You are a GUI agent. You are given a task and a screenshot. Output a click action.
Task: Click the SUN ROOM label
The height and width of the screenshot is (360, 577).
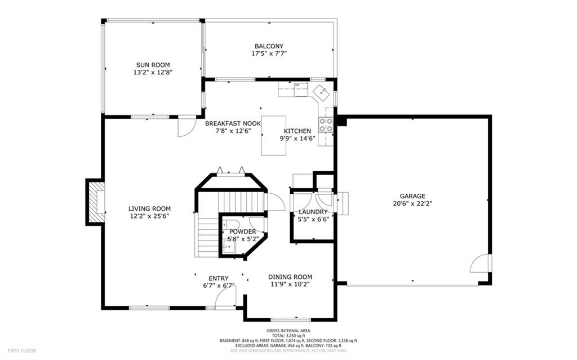click(x=153, y=65)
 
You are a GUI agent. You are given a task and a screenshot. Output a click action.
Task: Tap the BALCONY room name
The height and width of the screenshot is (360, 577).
click(x=269, y=46)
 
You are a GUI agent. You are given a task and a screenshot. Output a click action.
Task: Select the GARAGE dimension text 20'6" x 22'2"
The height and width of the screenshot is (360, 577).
click(x=412, y=203)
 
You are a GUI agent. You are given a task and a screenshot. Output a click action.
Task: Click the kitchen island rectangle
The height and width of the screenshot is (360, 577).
click(x=274, y=135)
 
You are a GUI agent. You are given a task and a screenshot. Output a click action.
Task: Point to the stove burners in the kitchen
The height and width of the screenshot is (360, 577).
click(x=326, y=125)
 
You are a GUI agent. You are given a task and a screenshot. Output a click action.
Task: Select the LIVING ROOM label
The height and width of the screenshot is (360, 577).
click(x=149, y=208)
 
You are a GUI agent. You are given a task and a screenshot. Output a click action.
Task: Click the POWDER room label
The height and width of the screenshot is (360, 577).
click(x=242, y=232)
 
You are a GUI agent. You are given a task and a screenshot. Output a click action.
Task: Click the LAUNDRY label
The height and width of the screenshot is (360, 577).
click(x=313, y=212)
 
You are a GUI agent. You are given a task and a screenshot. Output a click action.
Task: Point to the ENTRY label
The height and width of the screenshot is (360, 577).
click(x=219, y=279)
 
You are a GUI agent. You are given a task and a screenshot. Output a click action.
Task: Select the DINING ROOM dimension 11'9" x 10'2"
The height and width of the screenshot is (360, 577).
click(x=290, y=284)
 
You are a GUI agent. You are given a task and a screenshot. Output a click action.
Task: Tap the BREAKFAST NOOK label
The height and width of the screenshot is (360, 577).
click(x=233, y=124)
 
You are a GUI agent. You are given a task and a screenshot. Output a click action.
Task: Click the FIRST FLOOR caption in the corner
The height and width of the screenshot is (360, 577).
click(x=22, y=351)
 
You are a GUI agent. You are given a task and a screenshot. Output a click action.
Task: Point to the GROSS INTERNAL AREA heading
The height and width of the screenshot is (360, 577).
click(x=288, y=331)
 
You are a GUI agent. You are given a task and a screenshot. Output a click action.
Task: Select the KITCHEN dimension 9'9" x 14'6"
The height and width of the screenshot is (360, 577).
click(x=298, y=139)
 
